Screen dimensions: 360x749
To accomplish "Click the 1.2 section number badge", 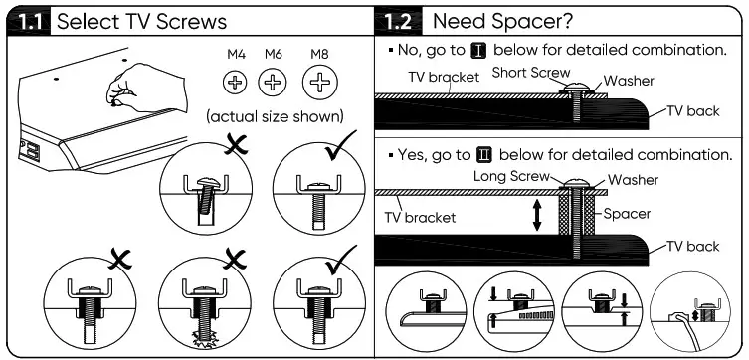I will click(x=401, y=21).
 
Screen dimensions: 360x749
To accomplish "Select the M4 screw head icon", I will click(x=236, y=83).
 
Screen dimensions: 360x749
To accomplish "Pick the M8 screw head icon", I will click(x=319, y=83).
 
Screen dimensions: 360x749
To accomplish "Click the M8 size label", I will click(x=319, y=52).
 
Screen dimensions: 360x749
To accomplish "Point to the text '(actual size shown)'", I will click(x=276, y=116).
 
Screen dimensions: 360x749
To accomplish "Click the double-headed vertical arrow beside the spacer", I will click(x=538, y=215).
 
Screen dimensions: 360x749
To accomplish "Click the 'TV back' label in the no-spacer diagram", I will click(x=692, y=111).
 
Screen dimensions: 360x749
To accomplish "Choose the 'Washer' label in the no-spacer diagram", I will click(x=629, y=82).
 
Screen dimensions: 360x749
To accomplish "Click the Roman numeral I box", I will click(x=475, y=49).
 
